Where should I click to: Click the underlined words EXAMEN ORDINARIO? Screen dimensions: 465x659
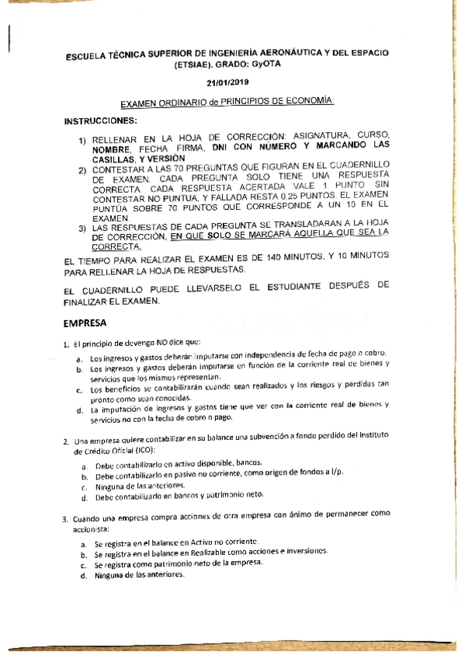pos(160,103)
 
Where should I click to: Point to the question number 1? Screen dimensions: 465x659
pos(67,343)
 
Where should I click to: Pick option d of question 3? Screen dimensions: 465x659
pos(83,576)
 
